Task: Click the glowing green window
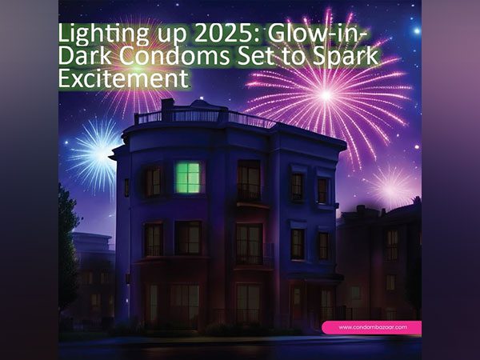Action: point(188,177)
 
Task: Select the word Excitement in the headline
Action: point(124,79)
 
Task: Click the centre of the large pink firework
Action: point(326,94)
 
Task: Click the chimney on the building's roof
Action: point(167,104)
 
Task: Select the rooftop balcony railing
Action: point(205,117)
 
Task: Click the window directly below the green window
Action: point(187,238)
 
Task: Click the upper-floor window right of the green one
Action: point(249,181)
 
